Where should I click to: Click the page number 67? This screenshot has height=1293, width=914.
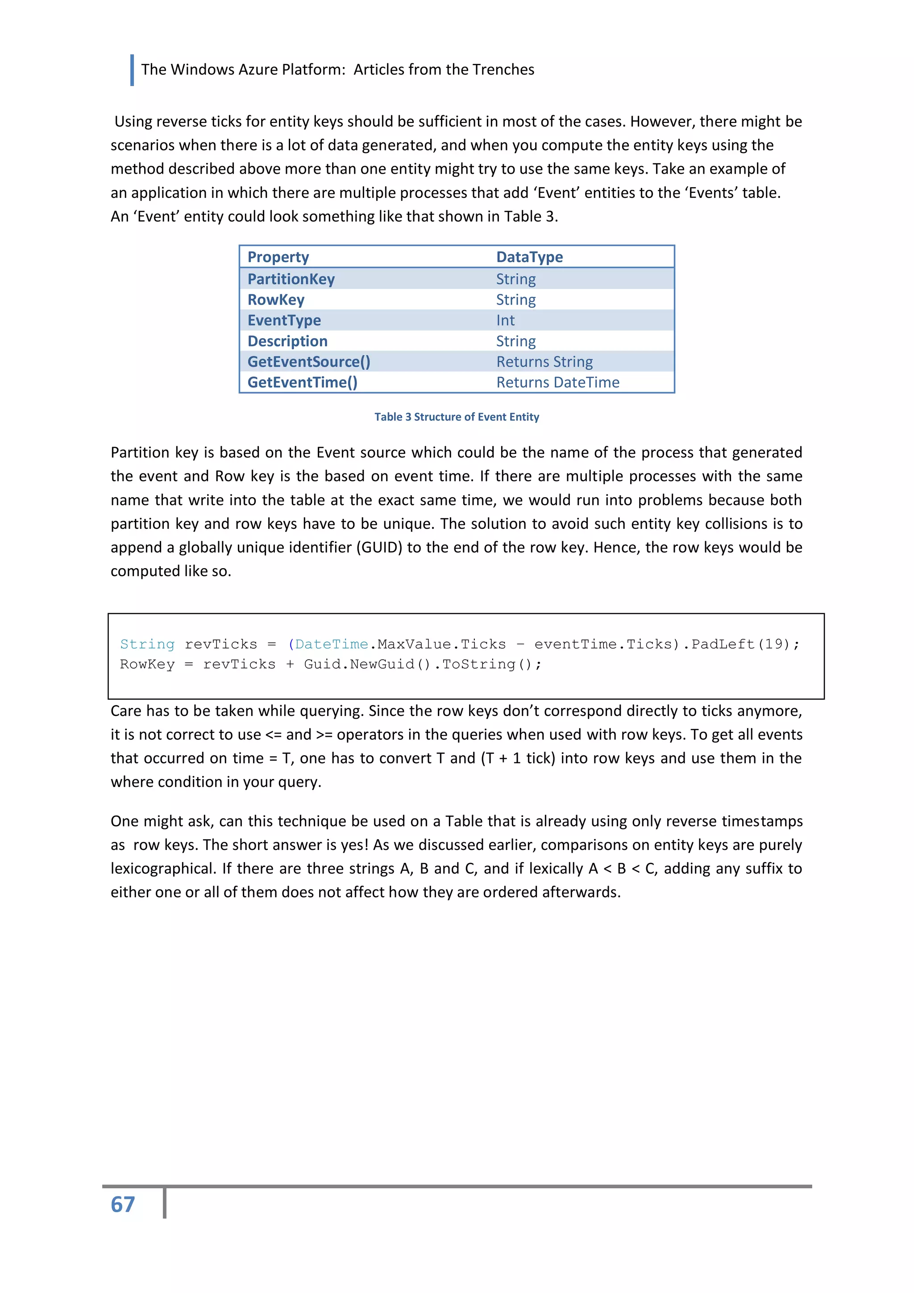pos(123,1205)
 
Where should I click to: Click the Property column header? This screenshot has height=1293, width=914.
pos(278,257)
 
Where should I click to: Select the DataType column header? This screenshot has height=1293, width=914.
pos(529,257)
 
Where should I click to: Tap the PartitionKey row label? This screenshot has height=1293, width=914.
pos(291,279)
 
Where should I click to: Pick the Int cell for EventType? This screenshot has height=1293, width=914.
pos(505,320)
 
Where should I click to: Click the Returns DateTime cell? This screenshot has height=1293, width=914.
pos(557,382)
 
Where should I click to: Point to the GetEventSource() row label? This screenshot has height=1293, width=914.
pos(308,361)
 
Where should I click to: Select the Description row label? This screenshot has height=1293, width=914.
pos(287,341)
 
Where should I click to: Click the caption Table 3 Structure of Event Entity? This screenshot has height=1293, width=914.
pos(457,417)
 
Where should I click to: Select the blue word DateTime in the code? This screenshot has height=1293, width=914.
pos(331,644)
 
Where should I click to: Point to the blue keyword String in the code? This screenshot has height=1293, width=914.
pos(147,644)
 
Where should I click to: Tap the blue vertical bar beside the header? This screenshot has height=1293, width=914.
pos(132,70)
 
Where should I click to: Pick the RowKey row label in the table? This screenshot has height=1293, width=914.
pos(276,300)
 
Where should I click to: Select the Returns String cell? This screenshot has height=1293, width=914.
pos(544,361)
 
